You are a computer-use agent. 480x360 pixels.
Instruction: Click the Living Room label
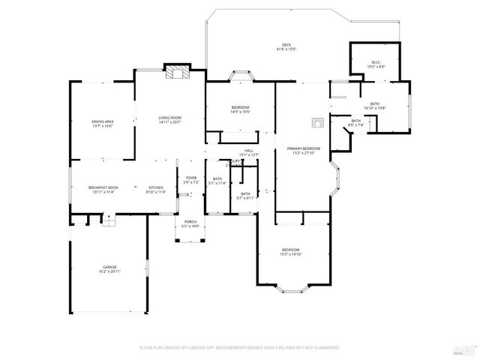169,120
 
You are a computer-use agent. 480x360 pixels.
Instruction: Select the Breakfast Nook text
103,190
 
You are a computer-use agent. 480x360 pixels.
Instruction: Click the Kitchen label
155,190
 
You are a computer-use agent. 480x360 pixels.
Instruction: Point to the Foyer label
190,180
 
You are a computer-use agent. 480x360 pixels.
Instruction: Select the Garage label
109,268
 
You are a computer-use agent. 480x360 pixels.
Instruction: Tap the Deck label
286,46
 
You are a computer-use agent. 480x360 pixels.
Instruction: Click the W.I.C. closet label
376,64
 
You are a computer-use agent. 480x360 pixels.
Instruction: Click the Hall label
248,153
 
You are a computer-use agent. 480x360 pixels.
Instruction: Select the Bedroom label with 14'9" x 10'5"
240,109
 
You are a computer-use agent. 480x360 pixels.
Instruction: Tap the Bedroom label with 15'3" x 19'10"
291,251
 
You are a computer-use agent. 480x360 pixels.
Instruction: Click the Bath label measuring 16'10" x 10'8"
374,106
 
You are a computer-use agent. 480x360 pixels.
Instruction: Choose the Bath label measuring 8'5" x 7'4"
356,122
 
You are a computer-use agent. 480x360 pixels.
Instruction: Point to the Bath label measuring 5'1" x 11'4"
217,181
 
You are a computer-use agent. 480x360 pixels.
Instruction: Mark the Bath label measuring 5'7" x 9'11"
245,196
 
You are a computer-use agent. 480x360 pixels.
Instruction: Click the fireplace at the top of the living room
178,73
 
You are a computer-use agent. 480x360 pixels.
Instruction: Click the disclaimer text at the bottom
240,348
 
